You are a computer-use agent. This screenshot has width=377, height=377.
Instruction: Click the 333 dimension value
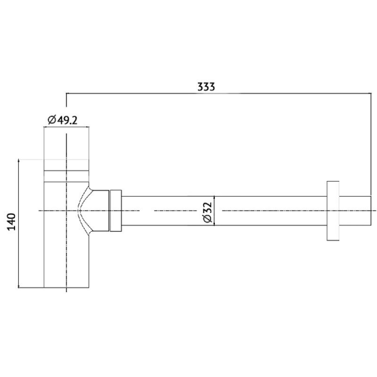click(x=206, y=87)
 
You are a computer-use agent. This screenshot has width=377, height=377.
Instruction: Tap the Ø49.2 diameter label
click(x=63, y=120)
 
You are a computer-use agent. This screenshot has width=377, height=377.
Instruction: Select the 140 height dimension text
click(x=11, y=221)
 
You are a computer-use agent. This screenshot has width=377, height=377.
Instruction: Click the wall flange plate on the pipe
click(x=333, y=211)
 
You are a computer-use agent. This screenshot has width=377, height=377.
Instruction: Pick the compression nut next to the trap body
click(x=115, y=211)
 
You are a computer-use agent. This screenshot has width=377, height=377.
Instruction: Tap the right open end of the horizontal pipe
click(x=371, y=211)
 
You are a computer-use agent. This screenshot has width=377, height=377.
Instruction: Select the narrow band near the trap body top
click(x=66, y=176)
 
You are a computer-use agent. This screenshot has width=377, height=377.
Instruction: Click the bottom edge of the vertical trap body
click(x=66, y=287)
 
